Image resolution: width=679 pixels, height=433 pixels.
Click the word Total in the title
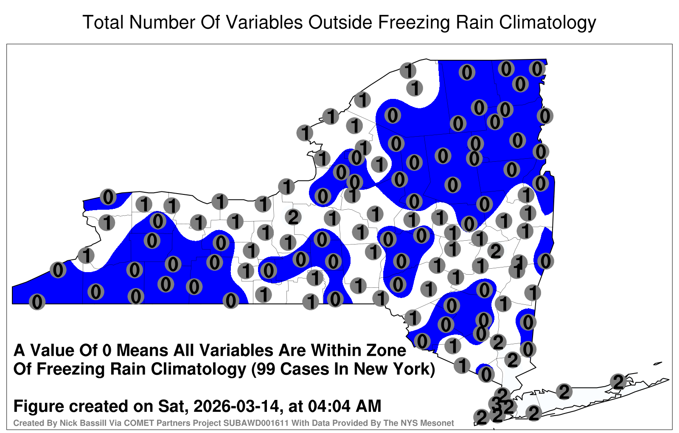click(x=103, y=22)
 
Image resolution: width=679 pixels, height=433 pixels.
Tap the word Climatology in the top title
click(x=547, y=23)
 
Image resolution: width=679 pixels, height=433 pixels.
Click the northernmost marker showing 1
click(x=408, y=70)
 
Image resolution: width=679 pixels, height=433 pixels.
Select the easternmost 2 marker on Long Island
click(x=618, y=382)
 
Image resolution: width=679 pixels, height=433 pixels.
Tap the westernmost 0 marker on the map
click(x=37, y=302)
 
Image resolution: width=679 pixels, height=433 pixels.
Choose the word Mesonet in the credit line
click(x=438, y=423)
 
